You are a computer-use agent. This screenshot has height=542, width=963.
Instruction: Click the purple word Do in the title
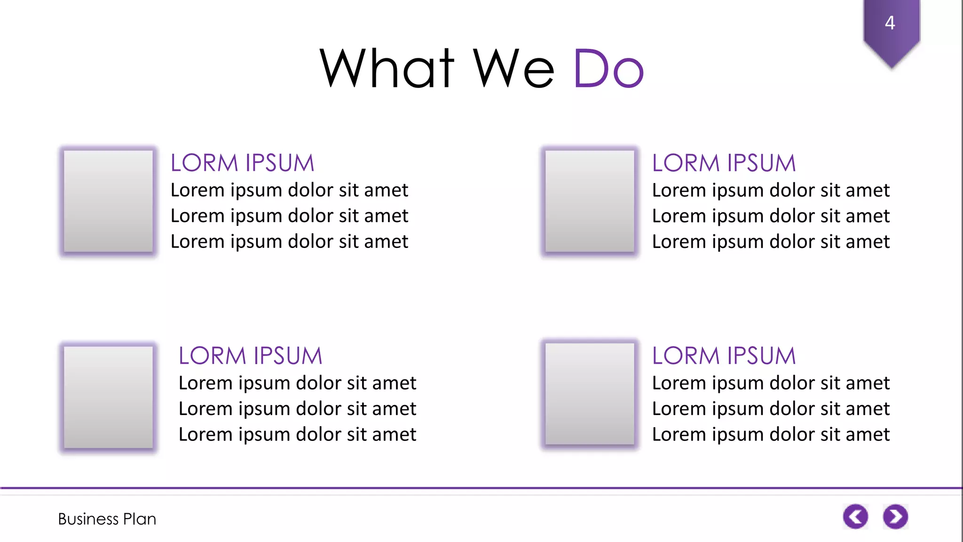coord(608,69)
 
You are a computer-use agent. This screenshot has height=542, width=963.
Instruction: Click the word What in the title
coord(387,69)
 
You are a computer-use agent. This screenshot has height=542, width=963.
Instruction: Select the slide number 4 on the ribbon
coord(890,23)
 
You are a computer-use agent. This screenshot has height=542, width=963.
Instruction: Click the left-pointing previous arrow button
coord(855,517)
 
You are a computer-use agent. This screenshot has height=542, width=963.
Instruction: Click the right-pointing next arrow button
coord(895,517)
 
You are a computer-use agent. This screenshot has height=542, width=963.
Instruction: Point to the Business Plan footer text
coord(107,519)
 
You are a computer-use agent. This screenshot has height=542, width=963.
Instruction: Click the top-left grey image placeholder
coord(108,201)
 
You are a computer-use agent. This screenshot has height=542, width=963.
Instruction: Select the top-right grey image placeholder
coord(590,201)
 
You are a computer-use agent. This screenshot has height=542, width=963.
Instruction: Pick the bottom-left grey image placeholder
coord(108,397)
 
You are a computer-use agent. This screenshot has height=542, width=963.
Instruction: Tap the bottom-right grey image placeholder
coord(590,393)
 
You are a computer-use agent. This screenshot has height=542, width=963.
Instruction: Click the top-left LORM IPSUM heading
coord(242,163)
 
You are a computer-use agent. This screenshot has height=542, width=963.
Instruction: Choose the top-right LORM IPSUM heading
coord(724,163)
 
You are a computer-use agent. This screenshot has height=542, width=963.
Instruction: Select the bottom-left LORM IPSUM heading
coord(250,356)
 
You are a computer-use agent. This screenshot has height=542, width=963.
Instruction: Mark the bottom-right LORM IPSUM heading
coord(724,356)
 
